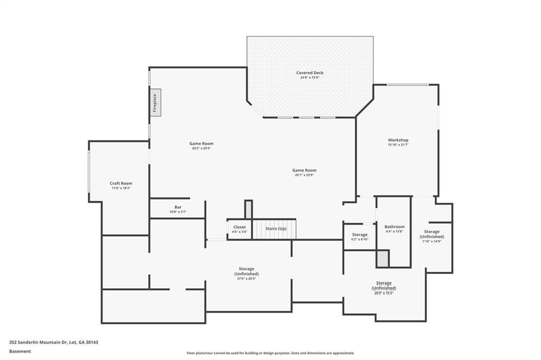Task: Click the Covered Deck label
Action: (x=310, y=73)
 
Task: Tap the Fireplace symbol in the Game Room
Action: (x=156, y=102)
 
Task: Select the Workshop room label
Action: (x=398, y=140)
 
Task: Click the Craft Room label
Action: (x=121, y=183)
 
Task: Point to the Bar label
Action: (x=178, y=207)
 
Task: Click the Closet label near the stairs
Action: (x=239, y=227)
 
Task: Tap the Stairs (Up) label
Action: (x=275, y=229)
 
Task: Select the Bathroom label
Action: (x=394, y=226)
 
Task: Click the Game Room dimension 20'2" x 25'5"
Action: (x=201, y=148)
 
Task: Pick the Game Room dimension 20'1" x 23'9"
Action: (x=304, y=175)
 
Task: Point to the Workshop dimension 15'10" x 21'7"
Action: (x=398, y=145)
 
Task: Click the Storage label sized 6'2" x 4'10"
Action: (x=360, y=234)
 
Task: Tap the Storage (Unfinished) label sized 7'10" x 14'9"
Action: (x=432, y=234)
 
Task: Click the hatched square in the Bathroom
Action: (x=382, y=259)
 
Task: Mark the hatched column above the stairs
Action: (x=248, y=209)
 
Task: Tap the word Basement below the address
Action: (x=20, y=350)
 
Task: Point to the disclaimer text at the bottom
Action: (x=270, y=353)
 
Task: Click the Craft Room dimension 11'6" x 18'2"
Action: (x=121, y=188)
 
